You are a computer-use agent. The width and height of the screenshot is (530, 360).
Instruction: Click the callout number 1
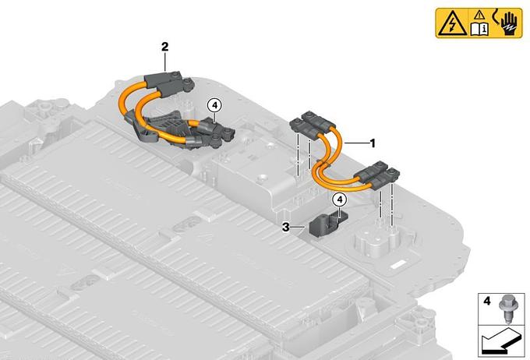coord(373,143)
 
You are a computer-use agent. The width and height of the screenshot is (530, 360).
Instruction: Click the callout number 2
coord(164,47)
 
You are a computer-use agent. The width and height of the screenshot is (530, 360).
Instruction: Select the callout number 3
coord(286,228)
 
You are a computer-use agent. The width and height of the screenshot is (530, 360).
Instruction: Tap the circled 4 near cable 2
coord(214,105)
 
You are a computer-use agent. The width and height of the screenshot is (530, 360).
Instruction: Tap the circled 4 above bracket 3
coord(340,199)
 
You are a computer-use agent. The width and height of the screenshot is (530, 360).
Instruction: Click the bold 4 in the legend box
coord(486,301)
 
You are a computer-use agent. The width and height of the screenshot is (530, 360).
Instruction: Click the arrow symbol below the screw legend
coord(500,341)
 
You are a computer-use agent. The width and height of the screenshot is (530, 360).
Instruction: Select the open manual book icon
coord(479,30)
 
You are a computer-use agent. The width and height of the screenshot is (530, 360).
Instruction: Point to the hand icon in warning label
coord(508,23)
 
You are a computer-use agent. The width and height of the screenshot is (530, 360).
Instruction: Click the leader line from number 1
coord(356,143)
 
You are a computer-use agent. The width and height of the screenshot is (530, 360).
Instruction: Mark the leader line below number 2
coord(164,62)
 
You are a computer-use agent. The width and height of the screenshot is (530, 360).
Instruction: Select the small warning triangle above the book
coord(479,16)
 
